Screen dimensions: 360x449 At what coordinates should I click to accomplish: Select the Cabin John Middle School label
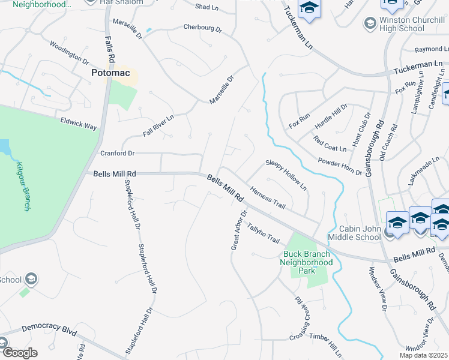tap(351, 232)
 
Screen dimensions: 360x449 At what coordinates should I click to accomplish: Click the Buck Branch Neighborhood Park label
tap(308, 262)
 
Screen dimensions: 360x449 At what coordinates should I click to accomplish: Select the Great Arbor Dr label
tap(239, 230)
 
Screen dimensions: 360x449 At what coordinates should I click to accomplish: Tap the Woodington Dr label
tap(69, 53)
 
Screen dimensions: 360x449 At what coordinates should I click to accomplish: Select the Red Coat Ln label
tap(330, 144)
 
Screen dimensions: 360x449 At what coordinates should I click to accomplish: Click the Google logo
tap(19, 353)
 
